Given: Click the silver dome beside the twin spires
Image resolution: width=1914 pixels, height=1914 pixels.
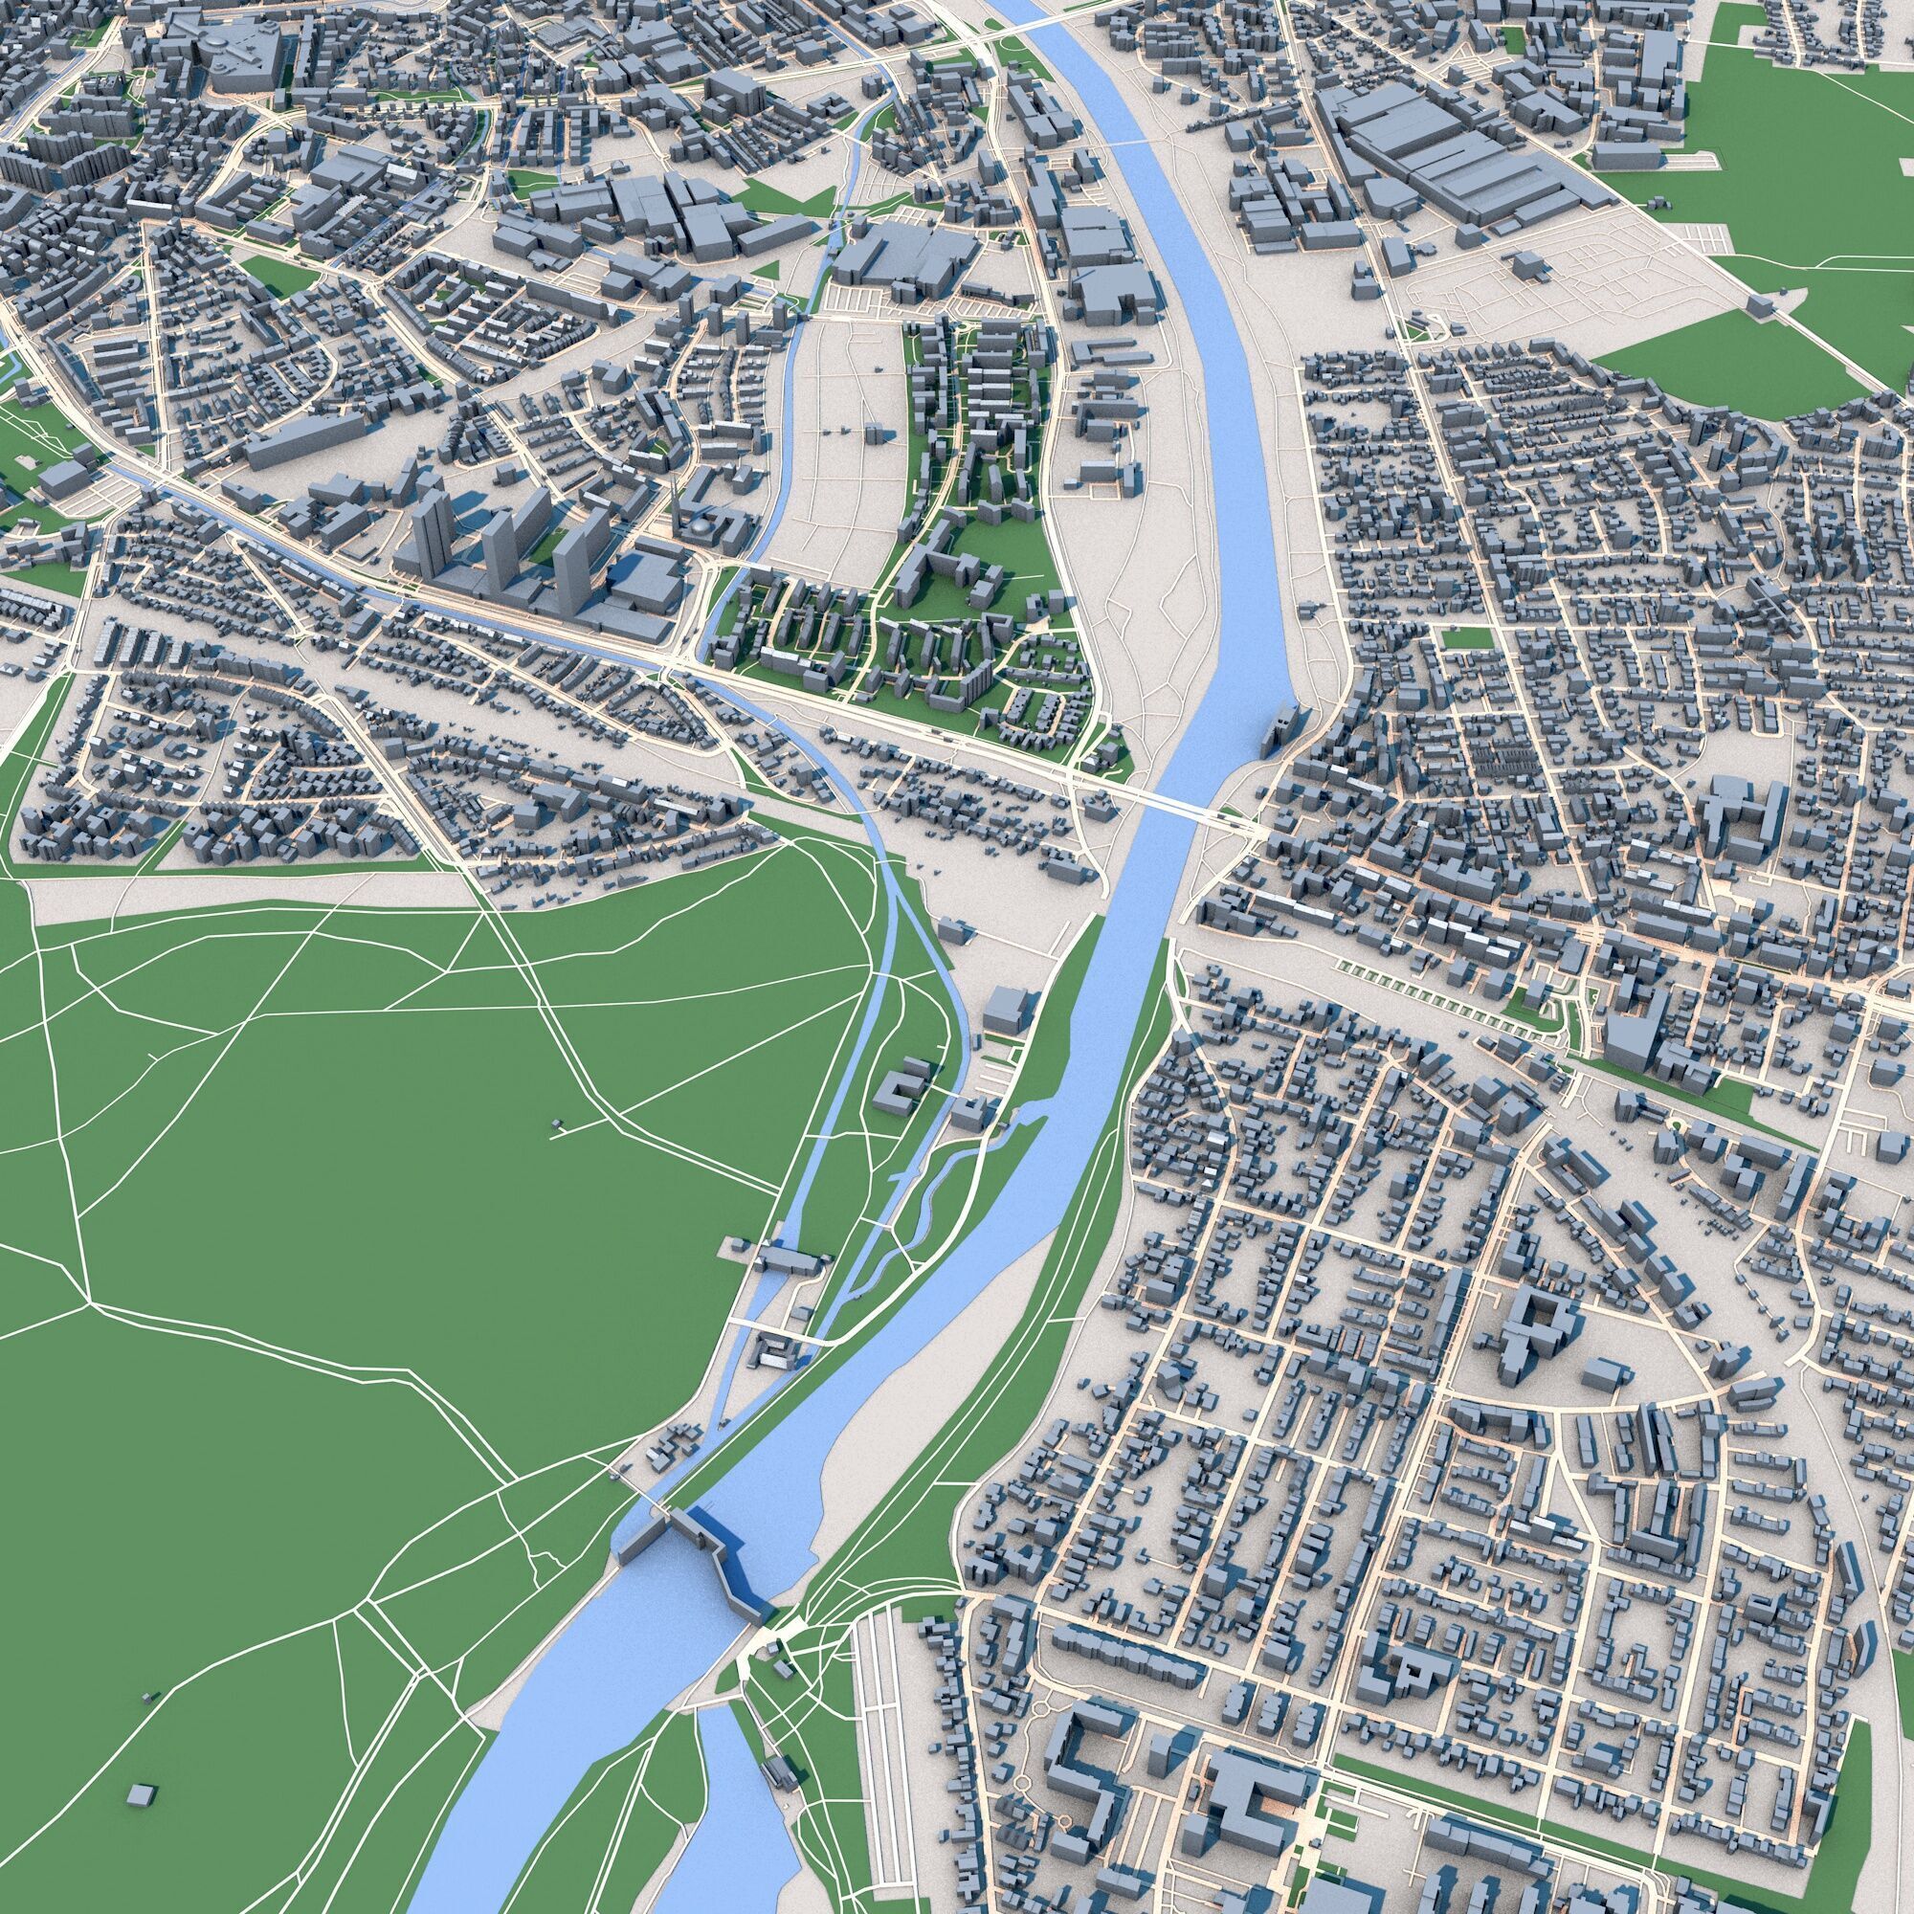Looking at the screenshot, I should [701, 525].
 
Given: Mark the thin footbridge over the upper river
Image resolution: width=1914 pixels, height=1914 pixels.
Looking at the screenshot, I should [1129, 145].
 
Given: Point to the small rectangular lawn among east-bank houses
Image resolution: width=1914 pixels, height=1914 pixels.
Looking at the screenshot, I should [1457, 639].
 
